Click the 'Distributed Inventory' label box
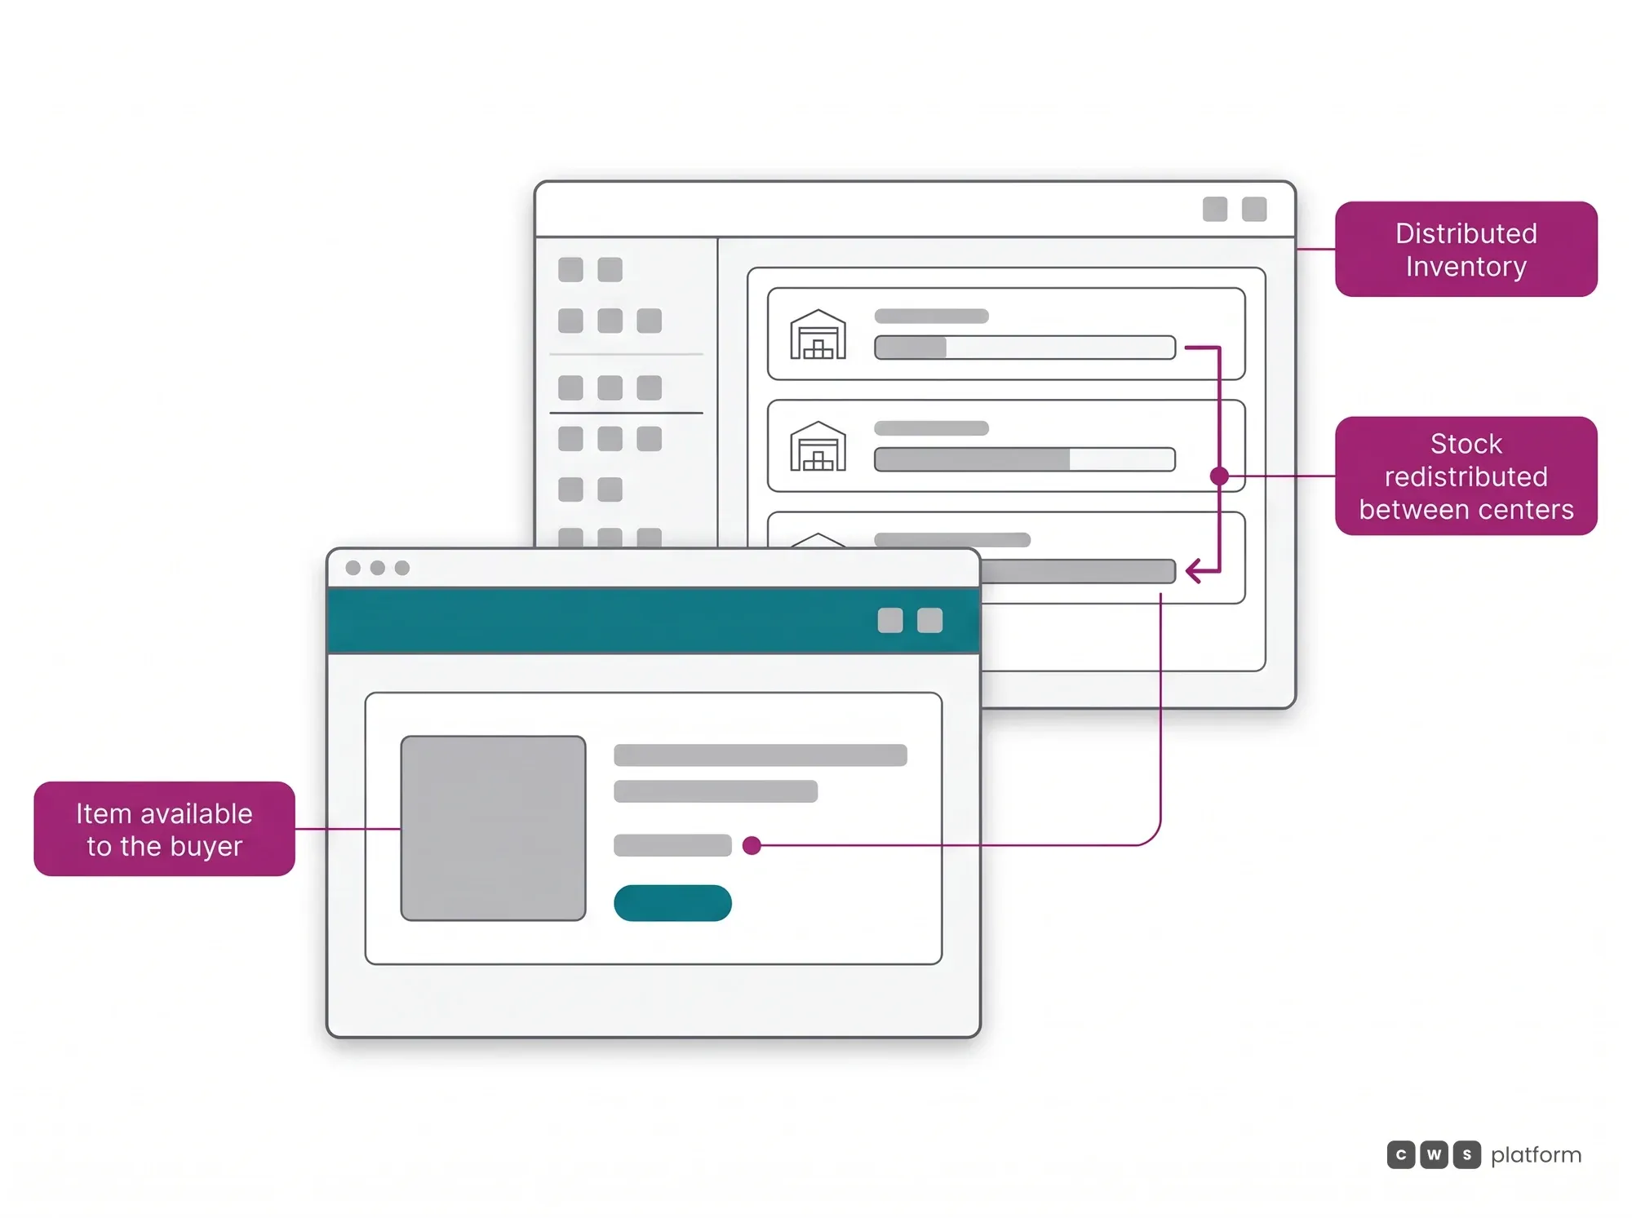click(1466, 249)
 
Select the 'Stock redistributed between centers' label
click(1466, 476)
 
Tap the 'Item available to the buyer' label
click(164, 829)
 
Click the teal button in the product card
click(672, 903)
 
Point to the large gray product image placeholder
click(493, 828)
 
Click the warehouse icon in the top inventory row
click(818, 334)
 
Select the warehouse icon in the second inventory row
click(818, 446)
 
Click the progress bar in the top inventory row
click(1025, 348)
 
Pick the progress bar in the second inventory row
click(1025, 459)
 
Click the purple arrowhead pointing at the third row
click(1194, 570)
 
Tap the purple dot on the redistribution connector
click(1219, 476)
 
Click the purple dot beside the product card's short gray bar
click(752, 845)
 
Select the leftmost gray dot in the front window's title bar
click(353, 568)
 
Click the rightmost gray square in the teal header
click(929, 621)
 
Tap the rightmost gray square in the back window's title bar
click(1254, 210)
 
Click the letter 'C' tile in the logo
click(1401, 1154)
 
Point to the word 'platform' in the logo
click(1536, 1155)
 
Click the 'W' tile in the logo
click(1434, 1154)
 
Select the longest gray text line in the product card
click(761, 755)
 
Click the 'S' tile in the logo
click(1466, 1154)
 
